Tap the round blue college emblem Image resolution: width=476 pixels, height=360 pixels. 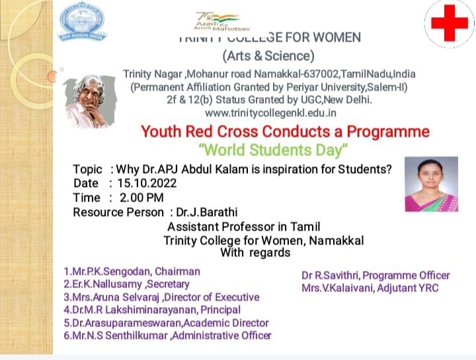[x=81, y=22]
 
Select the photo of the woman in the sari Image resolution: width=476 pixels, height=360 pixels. [x=421, y=183]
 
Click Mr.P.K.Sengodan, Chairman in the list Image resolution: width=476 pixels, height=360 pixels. [x=132, y=271]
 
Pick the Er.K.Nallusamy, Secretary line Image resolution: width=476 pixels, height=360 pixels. [x=126, y=284]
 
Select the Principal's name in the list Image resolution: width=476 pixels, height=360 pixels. [x=152, y=310]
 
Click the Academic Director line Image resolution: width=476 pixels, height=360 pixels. [x=166, y=323]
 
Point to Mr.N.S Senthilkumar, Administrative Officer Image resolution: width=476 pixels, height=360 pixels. [x=167, y=336]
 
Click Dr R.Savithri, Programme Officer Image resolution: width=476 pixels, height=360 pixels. [x=376, y=275]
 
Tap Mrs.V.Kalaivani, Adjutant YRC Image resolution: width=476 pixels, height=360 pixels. [x=370, y=288]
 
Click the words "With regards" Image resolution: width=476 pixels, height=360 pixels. [x=255, y=253]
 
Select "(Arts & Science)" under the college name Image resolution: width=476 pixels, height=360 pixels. [x=268, y=55]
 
